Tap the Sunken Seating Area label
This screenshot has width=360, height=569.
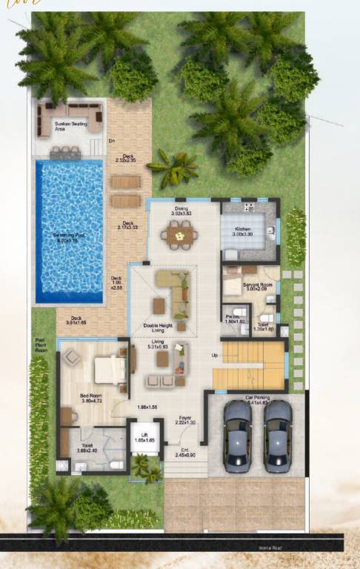[71, 126]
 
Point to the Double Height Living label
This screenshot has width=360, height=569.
[159, 327]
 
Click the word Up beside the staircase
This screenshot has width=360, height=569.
[216, 356]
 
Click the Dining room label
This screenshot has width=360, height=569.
[181, 211]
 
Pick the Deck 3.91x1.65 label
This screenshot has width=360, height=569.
[76, 321]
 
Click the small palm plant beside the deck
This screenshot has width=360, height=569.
[172, 169]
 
